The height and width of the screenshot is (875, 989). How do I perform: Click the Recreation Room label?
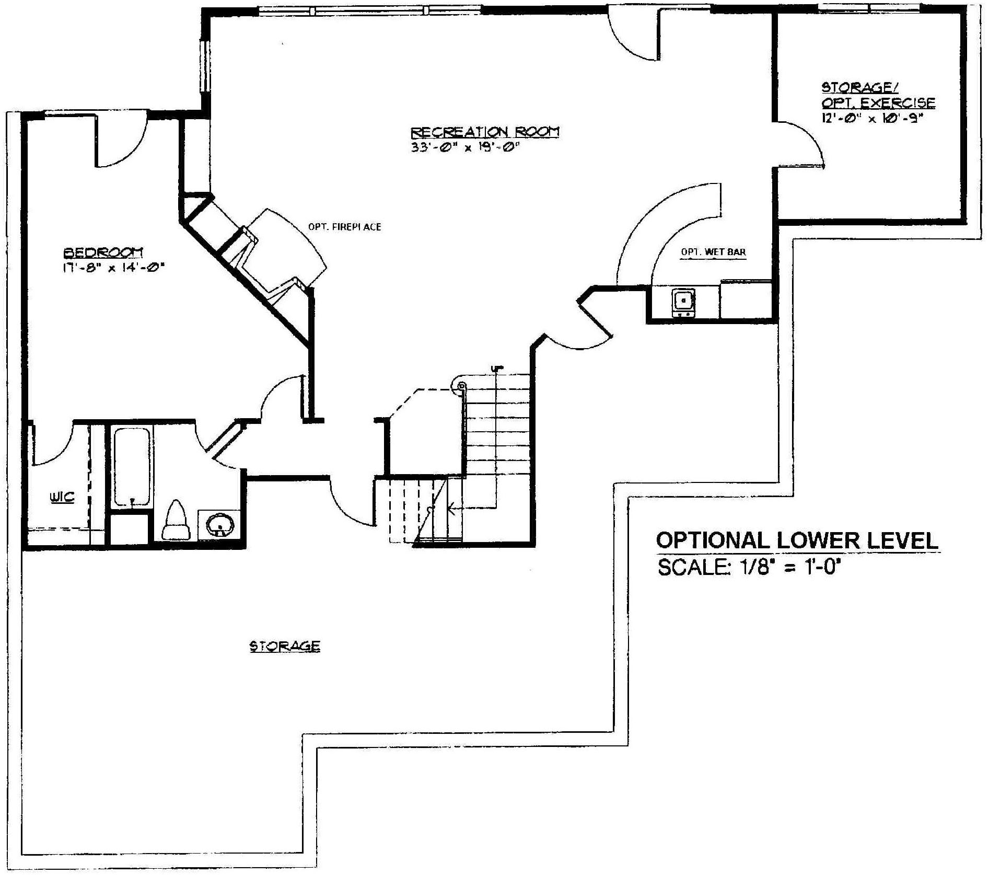(x=485, y=131)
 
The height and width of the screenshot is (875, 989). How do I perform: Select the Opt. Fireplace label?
(x=344, y=227)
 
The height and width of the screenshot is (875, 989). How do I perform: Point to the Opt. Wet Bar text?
(x=713, y=252)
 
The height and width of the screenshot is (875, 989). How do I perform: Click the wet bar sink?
(x=683, y=302)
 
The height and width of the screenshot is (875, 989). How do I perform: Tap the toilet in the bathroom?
(x=175, y=520)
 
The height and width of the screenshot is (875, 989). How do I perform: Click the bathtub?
(x=132, y=467)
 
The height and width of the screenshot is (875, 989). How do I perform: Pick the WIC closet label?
(x=62, y=497)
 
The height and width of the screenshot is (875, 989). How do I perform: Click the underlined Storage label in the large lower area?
(x=285, y=647)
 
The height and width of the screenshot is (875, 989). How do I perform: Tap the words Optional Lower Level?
(x=797, y=540)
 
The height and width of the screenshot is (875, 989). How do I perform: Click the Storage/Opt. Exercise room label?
(x=878, y=95)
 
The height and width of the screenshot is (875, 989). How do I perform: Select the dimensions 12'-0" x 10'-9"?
(x=872, y=118)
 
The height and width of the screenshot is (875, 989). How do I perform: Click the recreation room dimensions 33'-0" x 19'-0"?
(x=466, y=147)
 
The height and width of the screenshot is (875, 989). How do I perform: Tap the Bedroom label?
(x=103, y=253)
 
